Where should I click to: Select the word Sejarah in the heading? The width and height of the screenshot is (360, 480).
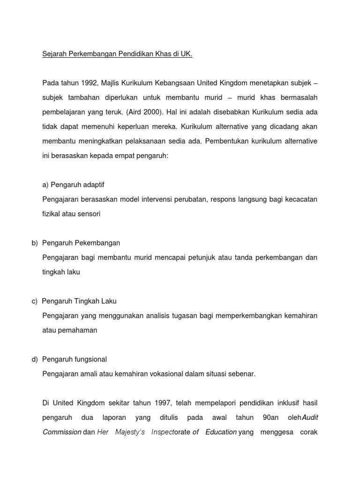pos(54,54)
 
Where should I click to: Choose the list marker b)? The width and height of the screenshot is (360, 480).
pos(34,243)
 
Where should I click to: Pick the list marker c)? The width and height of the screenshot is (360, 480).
pos(34,301)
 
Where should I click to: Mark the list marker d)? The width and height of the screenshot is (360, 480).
pos(34,359)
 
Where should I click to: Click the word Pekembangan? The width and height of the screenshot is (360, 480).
pos(97,243)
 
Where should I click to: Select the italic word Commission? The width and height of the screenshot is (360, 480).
pos(61,432)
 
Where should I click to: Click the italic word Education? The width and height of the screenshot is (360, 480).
pos(220,432)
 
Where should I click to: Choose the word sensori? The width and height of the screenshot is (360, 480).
pos(90,214)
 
